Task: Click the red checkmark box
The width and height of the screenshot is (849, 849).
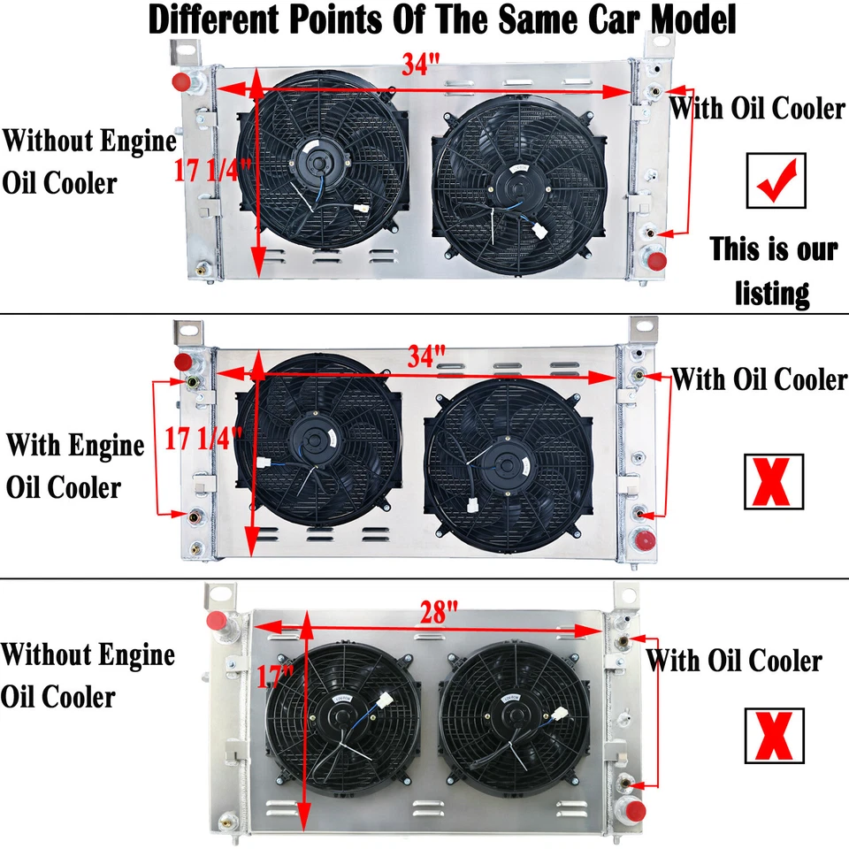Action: tap(776, 181)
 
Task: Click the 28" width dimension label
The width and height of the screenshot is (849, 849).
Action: tap(439, 611)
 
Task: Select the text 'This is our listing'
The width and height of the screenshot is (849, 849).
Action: tap(774, 270)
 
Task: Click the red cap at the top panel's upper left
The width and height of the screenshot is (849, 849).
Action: tap(182, 83)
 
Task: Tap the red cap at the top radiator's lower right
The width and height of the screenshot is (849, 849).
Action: tap(654, 262)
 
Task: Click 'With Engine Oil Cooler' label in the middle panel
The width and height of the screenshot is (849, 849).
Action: tap(74, 465)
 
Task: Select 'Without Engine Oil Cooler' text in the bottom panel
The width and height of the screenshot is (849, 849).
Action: tap(87, 676)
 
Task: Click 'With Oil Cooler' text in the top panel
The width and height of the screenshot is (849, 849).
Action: tap(757, 109)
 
